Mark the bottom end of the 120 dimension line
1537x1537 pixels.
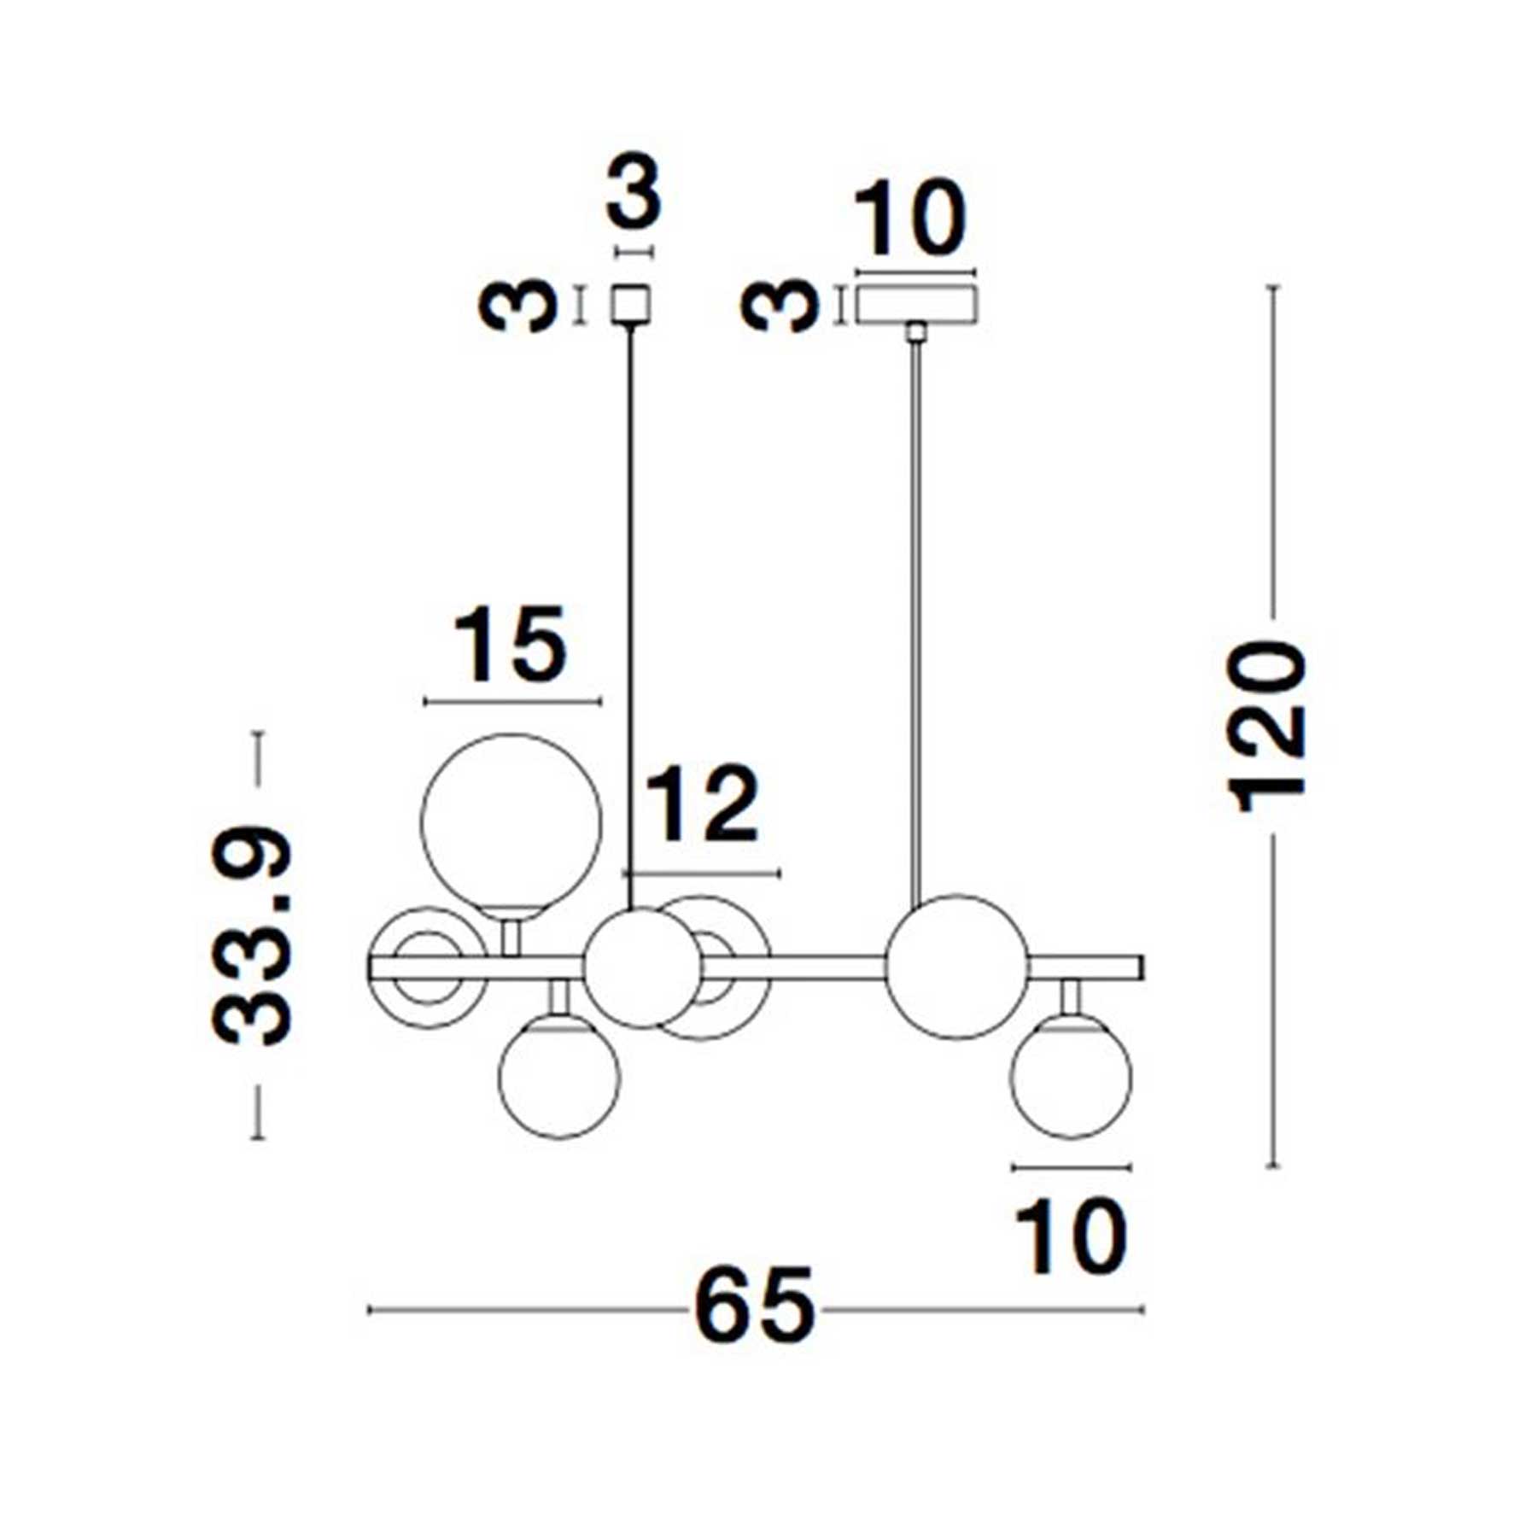click(1273, 1166)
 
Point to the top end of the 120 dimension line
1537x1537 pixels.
click(1273, 287)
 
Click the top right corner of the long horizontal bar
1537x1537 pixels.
click(1143, 957)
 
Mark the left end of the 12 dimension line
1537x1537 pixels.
click(625, 874)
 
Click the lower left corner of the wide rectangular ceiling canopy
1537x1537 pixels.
click(856, 323)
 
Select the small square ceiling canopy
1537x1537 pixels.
click(630, 304)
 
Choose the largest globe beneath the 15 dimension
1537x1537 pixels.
click(511, 824)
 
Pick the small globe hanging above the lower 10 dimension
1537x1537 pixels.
click(1071, 1076)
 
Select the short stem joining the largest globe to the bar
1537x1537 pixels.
click(511, 938)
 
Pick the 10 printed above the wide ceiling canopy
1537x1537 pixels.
click(912, 219)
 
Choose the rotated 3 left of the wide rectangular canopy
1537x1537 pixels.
click(779, 305)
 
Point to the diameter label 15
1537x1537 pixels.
click(511, 645)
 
